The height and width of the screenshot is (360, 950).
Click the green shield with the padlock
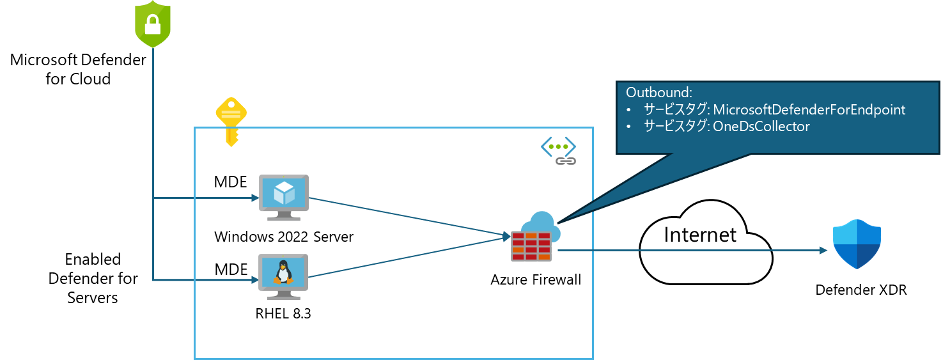coord(152,26)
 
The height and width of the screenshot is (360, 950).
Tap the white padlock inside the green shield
coord(152,24)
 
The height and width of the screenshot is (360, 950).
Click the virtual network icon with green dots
coord(558,147)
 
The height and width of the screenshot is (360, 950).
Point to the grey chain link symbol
coord(566,160)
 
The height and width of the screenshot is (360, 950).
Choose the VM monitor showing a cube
coord(283,197)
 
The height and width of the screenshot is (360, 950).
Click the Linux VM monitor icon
coord(283,276)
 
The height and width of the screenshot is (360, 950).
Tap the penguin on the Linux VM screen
coord(283,272)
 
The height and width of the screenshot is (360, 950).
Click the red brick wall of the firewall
coord(531,247)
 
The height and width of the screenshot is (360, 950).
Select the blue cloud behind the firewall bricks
coord(541,224)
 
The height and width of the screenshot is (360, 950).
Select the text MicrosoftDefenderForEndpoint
coord(809,110)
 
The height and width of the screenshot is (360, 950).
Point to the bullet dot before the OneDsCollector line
coord(628,127)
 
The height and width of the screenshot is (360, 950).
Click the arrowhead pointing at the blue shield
coord(824,251)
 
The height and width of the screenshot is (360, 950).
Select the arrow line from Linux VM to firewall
coord(409,257)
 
